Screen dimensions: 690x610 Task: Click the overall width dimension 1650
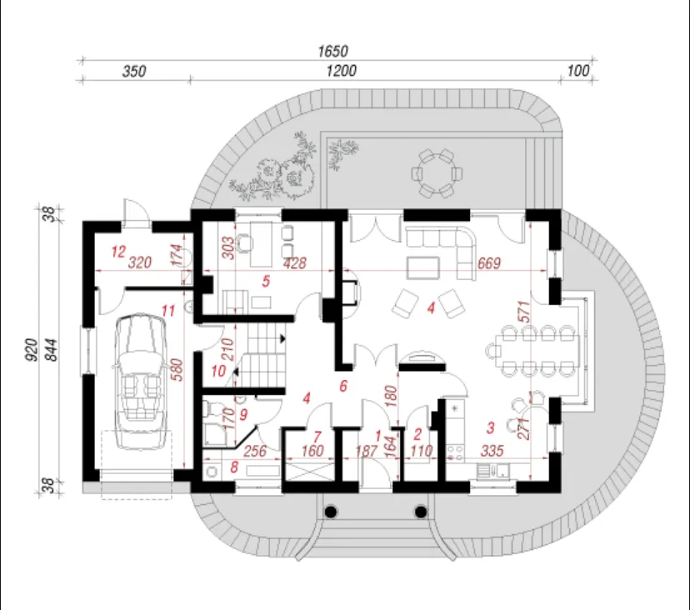click(333, 51)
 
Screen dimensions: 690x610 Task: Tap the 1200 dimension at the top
click(341, 71)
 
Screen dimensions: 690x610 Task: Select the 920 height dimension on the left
click(31, 350)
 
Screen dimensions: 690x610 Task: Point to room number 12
click(118, 252)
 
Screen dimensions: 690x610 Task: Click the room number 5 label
click(266, 281)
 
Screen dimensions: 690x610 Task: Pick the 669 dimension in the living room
click(489, 262)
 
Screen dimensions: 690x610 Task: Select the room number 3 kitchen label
click(490, 427)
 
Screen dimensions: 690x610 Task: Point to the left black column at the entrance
click(332, 512)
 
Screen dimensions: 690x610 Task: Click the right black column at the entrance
click(421, 512)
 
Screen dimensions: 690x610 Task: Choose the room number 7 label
click(317, 437)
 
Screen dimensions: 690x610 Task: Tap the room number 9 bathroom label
click(243, 414)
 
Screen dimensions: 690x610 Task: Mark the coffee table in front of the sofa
click(423, 268)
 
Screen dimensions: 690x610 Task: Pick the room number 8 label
click(233, 467)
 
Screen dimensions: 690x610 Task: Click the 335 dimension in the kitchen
click(492, 451)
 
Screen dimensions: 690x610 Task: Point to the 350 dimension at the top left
click(134, 72)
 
